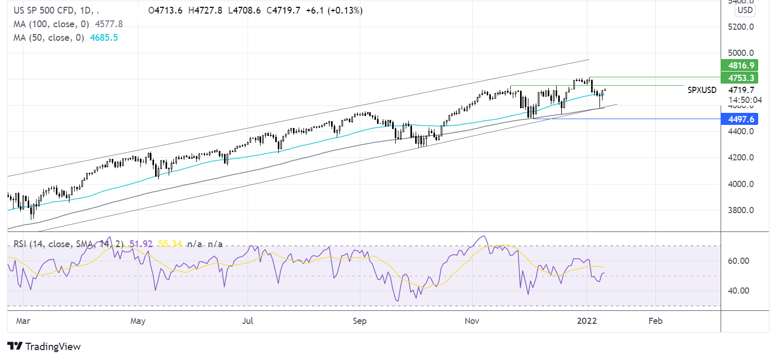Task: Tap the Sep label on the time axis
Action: (x=360, y=321)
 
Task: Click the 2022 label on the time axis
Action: (x=587, y=321)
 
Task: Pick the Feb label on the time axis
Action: (x=655, y=321)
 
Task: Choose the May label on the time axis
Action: (x=137, y=321)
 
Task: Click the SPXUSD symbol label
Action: (x=702, y=90)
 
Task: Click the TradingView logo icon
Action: (x=15, y=346)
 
